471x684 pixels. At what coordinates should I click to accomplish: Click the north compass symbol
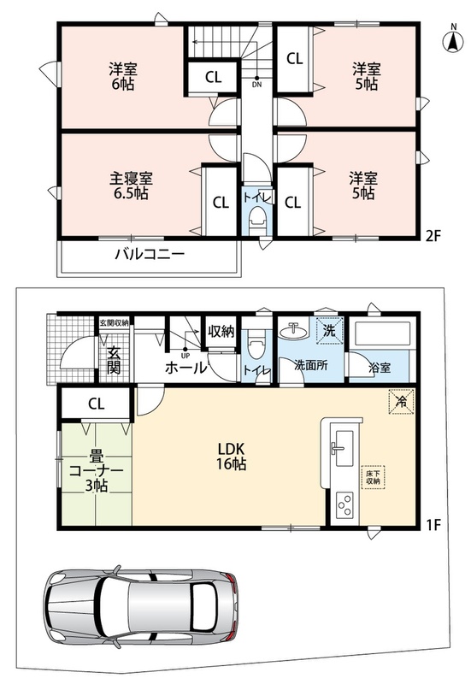(453, 40)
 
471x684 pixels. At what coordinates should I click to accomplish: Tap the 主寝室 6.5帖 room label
(131, 186)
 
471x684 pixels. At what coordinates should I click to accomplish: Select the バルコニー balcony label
(150, 254)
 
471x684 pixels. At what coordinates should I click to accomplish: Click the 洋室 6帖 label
(122, 77)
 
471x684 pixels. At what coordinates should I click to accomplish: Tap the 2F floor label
(433, 236)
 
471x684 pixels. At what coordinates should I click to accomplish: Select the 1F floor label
(434, 524)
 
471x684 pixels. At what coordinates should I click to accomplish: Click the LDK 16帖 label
(232, 456)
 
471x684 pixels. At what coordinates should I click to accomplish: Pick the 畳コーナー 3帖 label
(96, 472)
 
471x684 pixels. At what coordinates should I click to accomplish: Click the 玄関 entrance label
(114, 360)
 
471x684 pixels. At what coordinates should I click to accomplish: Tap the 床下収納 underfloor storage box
(373, 477)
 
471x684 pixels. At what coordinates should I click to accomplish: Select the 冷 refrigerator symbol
(401, 401)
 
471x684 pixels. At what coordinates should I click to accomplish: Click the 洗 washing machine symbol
(329, 331)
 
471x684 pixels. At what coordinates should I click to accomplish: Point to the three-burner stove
(344, 507)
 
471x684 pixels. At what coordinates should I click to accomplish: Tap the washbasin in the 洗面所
(293, 331)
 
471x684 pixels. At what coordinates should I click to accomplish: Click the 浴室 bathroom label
(380, 368)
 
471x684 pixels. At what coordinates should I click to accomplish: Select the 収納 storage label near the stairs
(221, 331)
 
